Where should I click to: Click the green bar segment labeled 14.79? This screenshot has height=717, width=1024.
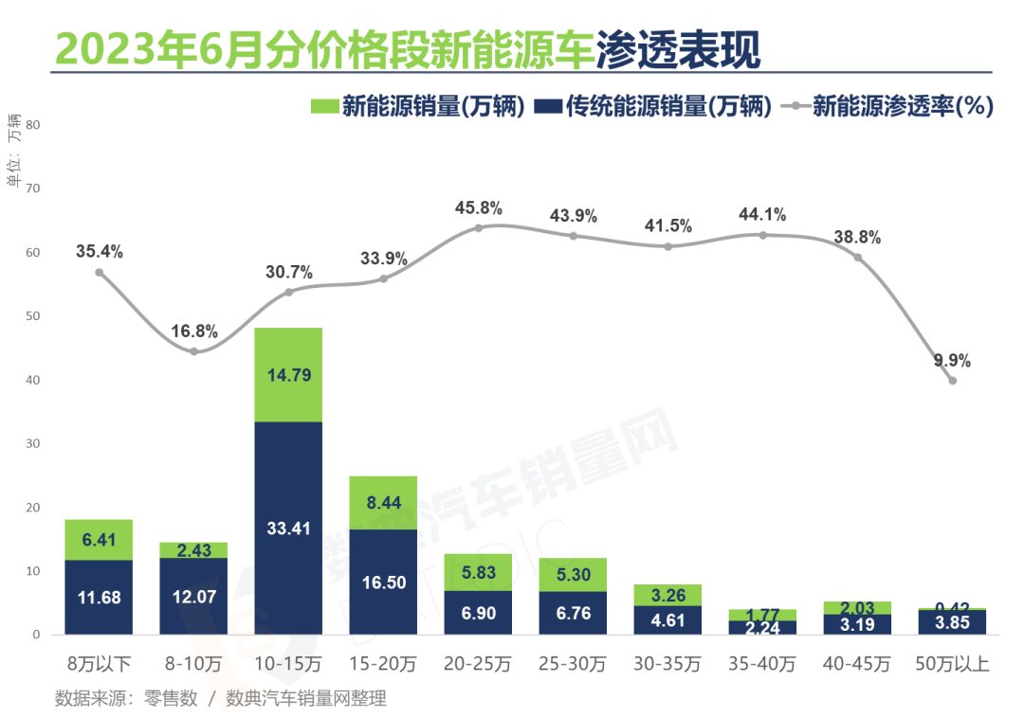click(288, 374)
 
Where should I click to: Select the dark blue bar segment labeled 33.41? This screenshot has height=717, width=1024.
click(288, 528)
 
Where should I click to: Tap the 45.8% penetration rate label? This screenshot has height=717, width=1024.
click(478, 207)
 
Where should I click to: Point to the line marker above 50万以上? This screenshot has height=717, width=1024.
click(952, 381)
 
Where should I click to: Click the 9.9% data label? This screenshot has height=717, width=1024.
click(952, 361)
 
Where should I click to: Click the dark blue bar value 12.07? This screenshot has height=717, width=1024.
click(193, 598)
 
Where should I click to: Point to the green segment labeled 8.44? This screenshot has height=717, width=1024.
click(383, 503)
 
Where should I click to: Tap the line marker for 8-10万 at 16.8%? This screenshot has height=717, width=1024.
click(193, 351)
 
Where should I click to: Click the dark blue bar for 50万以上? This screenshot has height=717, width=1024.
click(952, 622)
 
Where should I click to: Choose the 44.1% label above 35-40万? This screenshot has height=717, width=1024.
click(762, 215)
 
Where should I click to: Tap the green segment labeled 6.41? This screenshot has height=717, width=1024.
click(99, 540)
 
